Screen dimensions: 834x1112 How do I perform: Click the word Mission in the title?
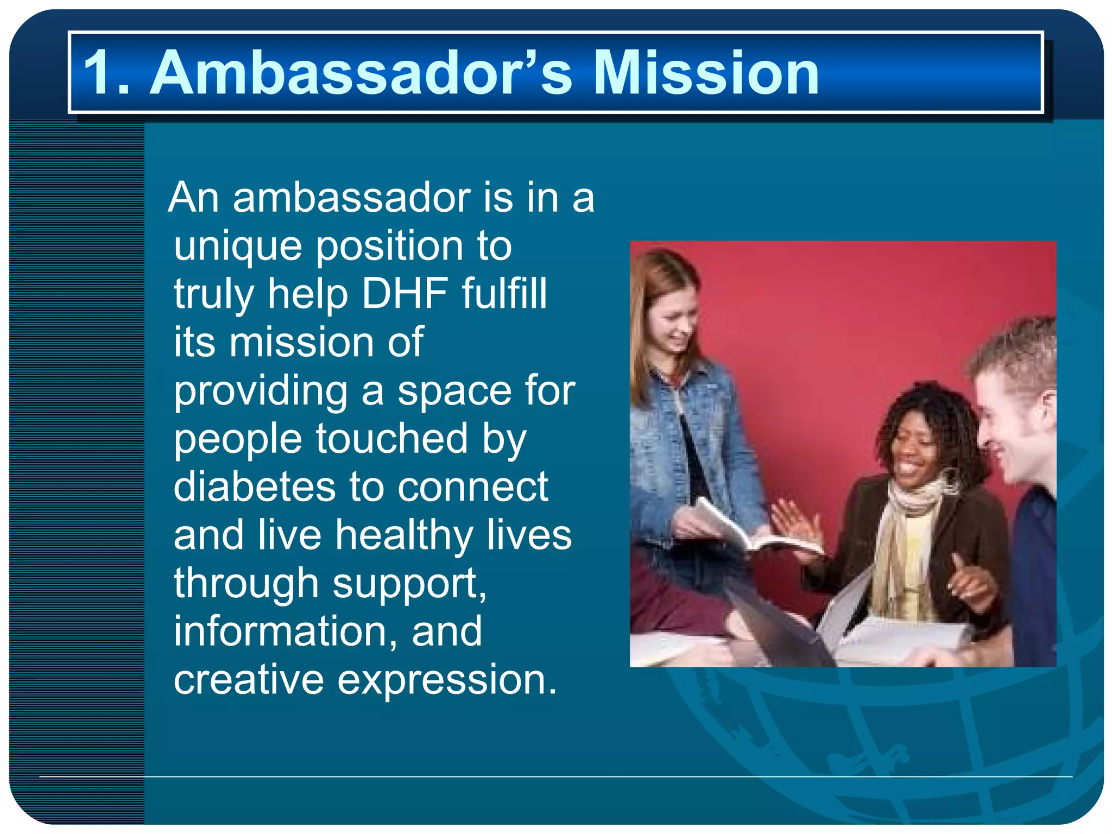coord(706,73)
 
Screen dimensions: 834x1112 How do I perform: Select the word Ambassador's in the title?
coord(361,73)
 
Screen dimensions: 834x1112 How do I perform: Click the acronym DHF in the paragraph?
coord(405,294)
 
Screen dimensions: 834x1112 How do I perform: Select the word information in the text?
coord(286,631)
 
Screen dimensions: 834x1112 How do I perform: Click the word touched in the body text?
coord(391,439)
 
